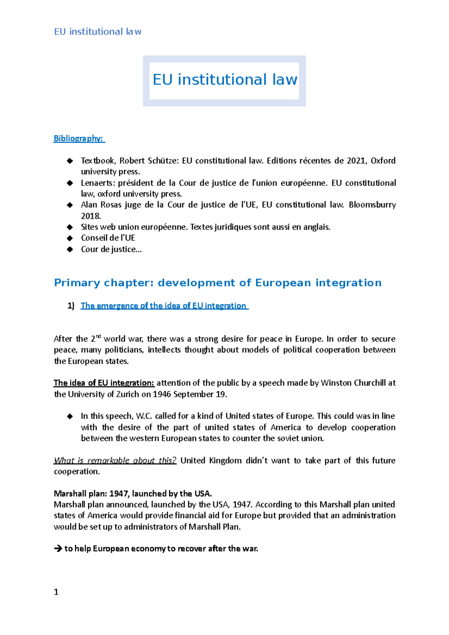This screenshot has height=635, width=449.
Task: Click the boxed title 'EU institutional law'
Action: (224, 80)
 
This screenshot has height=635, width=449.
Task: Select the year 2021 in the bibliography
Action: (356, 161)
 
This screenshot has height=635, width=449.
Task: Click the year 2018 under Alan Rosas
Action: (91, 216)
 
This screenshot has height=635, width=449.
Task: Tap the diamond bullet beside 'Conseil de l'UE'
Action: (70, 238)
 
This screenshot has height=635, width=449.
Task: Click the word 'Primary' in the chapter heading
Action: (77, 283)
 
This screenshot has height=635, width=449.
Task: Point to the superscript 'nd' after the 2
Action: (98, 337)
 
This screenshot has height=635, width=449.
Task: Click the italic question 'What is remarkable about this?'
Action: (114, 460)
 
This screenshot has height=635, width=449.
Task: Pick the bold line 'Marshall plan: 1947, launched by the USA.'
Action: (133, 494)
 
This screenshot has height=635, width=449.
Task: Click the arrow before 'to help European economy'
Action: (58, 549)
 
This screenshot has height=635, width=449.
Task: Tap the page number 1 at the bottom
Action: (56, 592)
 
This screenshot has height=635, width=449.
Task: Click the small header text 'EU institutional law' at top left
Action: (98, 32)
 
